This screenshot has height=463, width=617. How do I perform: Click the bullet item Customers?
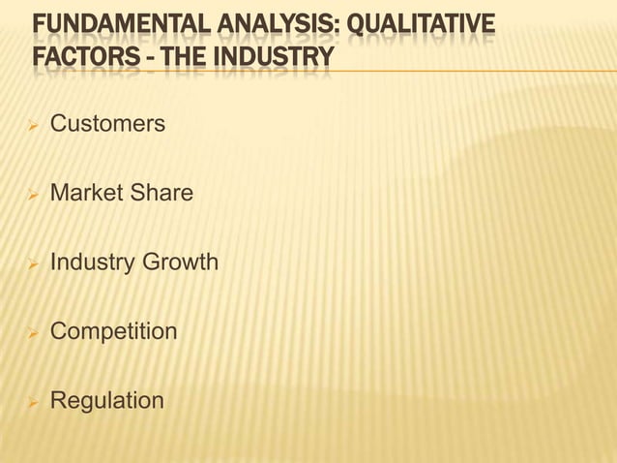point(106,125)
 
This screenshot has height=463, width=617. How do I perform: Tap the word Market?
point(86,194)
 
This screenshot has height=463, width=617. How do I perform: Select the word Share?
point(162,194)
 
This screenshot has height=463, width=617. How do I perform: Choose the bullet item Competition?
point(113,331)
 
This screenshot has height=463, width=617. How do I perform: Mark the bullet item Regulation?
point(106,400)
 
